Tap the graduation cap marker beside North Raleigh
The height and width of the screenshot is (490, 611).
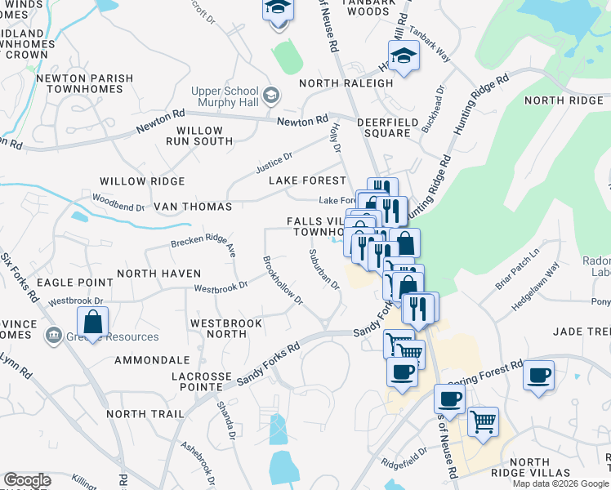click(x=403, y=56)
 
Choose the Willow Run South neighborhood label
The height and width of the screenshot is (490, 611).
click(x=199, y=136)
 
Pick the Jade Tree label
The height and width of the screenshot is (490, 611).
click(x=582, y=331)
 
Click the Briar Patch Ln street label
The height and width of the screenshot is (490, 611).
click(x=518, y=269)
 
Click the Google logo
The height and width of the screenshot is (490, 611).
click(x=27, y=480)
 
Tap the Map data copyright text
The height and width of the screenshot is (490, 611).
click(x=560, y=483)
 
